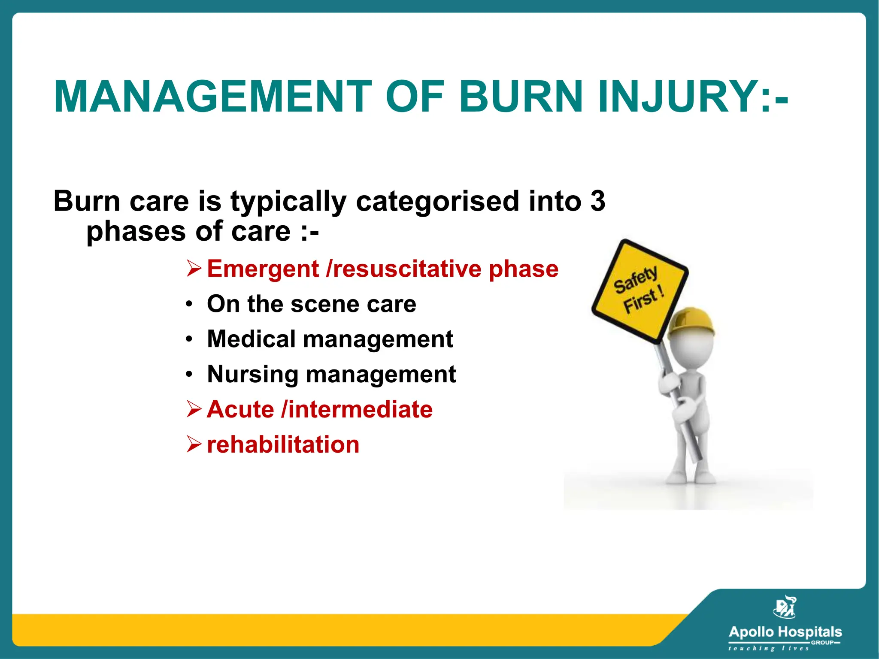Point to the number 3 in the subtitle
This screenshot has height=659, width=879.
pos(597,201)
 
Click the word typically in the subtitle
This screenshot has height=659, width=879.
pos(288,202)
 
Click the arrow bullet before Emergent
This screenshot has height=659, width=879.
pos(194,269)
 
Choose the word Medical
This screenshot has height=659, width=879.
pos(251,339)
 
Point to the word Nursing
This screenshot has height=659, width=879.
pos(252,374)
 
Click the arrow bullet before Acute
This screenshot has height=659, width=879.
pos(194,409)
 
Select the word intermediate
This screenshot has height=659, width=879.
pos(361,409)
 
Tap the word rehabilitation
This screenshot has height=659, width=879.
pos(283,444)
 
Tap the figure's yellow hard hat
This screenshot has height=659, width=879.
pos(691,322)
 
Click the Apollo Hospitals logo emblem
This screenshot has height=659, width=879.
pos(785,607)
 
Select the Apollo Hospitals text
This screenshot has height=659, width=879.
pos(785,632)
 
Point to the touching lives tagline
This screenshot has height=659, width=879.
pos(768,648)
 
